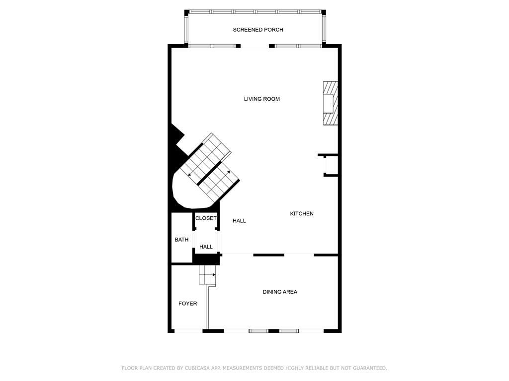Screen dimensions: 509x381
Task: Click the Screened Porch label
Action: coord(258,30)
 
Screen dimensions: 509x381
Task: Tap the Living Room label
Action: coord(261,99)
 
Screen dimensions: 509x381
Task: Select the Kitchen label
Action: coord(302,213)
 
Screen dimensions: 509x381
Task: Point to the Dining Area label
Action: coord(280,292)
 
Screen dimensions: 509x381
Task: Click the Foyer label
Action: coord(187,304)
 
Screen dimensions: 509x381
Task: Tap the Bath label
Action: coord(181,240)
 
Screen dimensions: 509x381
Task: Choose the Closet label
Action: coord(206,218)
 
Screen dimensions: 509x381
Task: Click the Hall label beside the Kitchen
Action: coord(239,221)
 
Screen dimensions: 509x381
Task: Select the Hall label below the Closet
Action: coord(206,247)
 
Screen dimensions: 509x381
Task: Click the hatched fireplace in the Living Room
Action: coord(331,103)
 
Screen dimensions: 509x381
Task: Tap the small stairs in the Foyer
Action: coord(207,275)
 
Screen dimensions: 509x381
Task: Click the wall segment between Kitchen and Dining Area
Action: coord(268,255)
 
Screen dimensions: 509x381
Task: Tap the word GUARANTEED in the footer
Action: coord(369,368)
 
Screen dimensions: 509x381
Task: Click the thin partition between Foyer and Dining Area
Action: coord(207,308)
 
